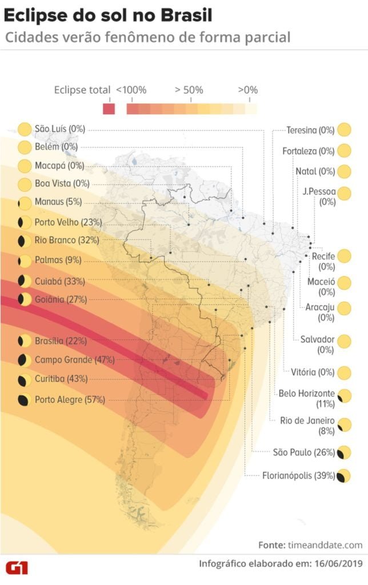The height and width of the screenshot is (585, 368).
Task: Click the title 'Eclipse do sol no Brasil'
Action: tap(108, 15)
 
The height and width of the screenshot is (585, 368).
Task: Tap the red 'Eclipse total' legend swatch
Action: tap(109, 109)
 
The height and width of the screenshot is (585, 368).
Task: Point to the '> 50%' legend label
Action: tap(189, 90)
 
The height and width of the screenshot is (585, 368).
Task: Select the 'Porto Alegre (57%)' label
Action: tap(70, 400)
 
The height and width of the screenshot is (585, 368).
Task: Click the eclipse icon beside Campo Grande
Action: tap(25, 360)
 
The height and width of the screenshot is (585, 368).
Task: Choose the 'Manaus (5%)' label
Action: tap(58, 202)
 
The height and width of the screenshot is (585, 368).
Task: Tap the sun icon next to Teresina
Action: tap(344, 130)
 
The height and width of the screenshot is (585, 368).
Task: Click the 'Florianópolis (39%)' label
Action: tap(298, 475)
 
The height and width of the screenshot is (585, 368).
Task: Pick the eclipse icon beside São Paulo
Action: tap(344, 453)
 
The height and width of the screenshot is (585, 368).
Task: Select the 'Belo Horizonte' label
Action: tap(306, 394)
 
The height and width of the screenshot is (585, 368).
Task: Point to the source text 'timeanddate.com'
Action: tap(326, 544)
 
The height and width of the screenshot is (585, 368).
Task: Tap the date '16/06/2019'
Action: tap(338, 564)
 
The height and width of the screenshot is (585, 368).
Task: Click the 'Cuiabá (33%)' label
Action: tap(60, 281)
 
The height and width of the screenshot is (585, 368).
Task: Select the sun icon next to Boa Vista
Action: tap(25, 184)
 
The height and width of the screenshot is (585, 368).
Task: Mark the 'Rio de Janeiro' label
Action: tap(307, 420)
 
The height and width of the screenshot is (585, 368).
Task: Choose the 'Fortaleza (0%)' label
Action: tap(308, 151)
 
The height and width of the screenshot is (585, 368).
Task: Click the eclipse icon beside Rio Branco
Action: tap(25, 241)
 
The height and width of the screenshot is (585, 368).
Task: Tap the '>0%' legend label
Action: tap(248, 90)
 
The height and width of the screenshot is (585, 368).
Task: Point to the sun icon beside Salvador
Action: tap(344, 342)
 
